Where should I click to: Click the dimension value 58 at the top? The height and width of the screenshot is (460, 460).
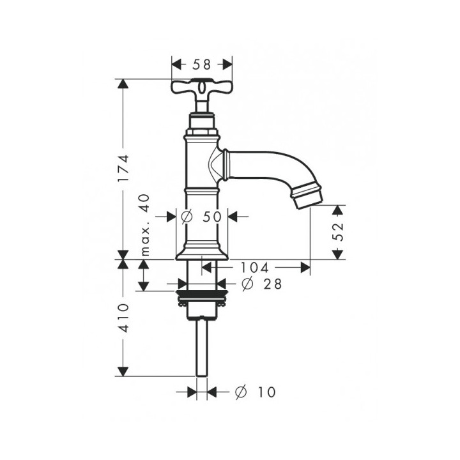(201, 65)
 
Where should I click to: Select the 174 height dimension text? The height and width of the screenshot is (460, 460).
(123, 168)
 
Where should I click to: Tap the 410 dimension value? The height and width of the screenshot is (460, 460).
(123, 318)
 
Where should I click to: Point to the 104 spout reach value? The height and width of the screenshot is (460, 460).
(254, 267)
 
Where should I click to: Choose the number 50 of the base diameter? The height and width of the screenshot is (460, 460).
(212, 217)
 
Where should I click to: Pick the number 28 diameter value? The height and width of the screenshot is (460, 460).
(272, 284)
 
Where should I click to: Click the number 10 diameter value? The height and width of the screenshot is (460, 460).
(266, 392)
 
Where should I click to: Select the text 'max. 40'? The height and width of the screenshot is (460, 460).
(145, 225)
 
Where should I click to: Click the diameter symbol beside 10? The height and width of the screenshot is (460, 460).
(241, 392)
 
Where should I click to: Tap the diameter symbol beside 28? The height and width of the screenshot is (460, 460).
(247, 284)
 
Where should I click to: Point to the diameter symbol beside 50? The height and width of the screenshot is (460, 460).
(187, 217)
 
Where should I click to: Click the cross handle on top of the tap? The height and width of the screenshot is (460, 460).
(201, 87)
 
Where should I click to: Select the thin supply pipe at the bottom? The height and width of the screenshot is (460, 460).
(201, 347)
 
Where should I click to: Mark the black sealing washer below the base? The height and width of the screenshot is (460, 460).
(201, 293)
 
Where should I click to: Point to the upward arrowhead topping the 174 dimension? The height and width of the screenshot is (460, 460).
(123, 84)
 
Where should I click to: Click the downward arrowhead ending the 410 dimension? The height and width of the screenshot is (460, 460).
(123, 371)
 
